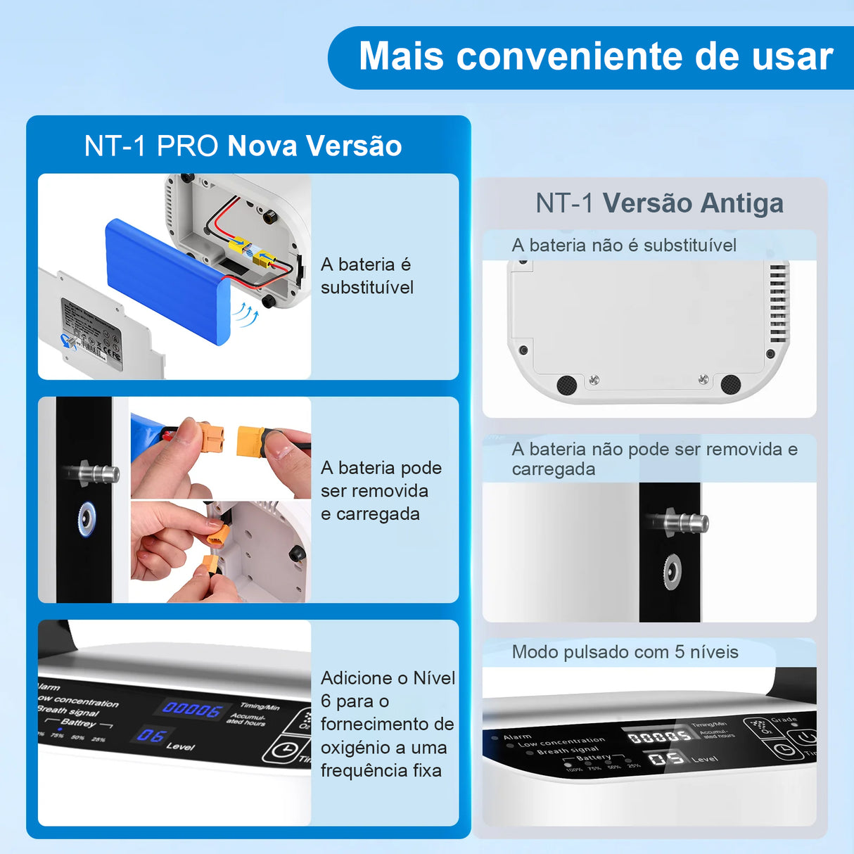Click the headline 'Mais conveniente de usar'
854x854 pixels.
595,56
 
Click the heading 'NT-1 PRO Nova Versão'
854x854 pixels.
243,146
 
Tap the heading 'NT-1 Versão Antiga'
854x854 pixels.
659,203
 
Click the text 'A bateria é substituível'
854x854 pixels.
367,276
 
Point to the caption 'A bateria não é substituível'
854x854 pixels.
624,246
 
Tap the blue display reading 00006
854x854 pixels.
192,708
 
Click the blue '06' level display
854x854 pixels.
151,736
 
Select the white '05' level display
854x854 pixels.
666,759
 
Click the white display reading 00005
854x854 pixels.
659,736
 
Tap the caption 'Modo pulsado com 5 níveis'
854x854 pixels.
625,652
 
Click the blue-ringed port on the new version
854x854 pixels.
87,519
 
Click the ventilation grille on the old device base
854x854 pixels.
778,302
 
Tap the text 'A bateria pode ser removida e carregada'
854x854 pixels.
381,491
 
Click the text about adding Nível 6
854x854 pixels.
386,724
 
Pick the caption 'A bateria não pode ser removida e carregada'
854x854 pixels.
654,459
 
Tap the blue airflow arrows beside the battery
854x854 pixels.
246,313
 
